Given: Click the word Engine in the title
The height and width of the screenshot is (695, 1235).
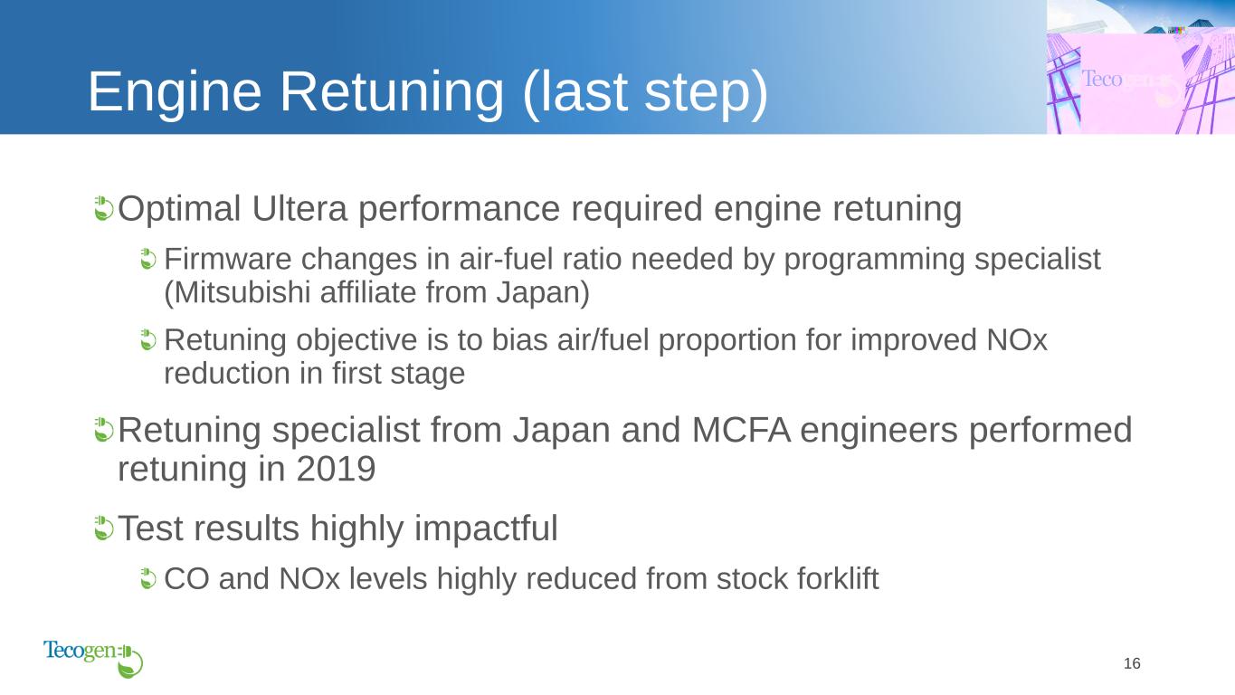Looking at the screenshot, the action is tap(175, 92).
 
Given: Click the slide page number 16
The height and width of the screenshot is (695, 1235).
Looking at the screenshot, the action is tap(1132, 663).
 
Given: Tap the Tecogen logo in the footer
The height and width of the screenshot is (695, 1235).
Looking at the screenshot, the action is tap(93, 659).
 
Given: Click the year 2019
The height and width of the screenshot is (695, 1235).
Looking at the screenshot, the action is tap(336, 469).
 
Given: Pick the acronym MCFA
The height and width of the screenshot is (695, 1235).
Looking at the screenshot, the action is tap(741, 430).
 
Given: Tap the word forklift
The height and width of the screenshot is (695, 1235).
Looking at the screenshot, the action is tap(838, 578).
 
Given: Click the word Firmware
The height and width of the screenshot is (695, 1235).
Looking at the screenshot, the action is tap(228, 259).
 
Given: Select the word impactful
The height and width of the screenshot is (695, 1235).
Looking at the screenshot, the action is tap(486, 528).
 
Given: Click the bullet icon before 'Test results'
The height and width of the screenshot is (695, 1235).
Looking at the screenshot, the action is tap(103, 528).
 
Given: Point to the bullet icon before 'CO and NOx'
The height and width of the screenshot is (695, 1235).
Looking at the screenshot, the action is tap(147, 578).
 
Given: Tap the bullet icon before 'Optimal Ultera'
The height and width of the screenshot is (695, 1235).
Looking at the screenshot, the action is tap(103, 208).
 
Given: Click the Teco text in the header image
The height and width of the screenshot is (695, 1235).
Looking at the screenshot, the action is tap(1102, 79).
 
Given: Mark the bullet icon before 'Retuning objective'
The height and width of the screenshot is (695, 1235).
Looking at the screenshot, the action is tap(147, 339).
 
